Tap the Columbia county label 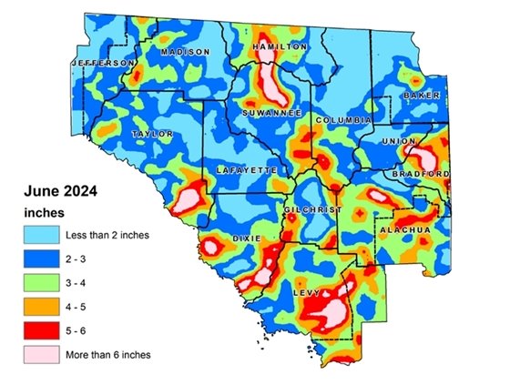click(x=343, y=120)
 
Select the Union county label click(x=402, y=141)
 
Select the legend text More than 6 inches click(x=107, y=354)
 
